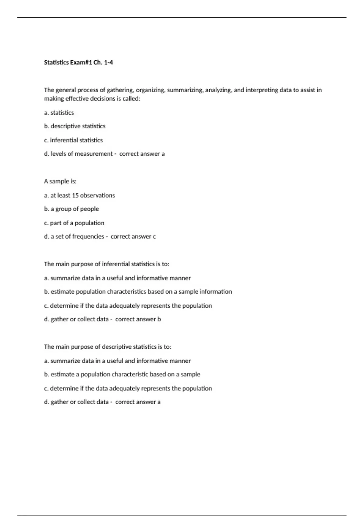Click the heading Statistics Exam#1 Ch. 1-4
click(78, 63)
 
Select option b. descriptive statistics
click(75, 126)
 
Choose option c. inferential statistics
click(73, 140)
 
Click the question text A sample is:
click(60, 182)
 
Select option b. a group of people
click(71, 209)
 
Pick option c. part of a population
click(74, 223)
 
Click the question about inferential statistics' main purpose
click(106, 264)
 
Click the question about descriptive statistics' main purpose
click(107, 347)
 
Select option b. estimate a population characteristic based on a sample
click(122, 375)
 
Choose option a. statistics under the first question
click(59, 113)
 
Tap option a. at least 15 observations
click(79, 195)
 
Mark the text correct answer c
click(133, 237)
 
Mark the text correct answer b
click(138, 319)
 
